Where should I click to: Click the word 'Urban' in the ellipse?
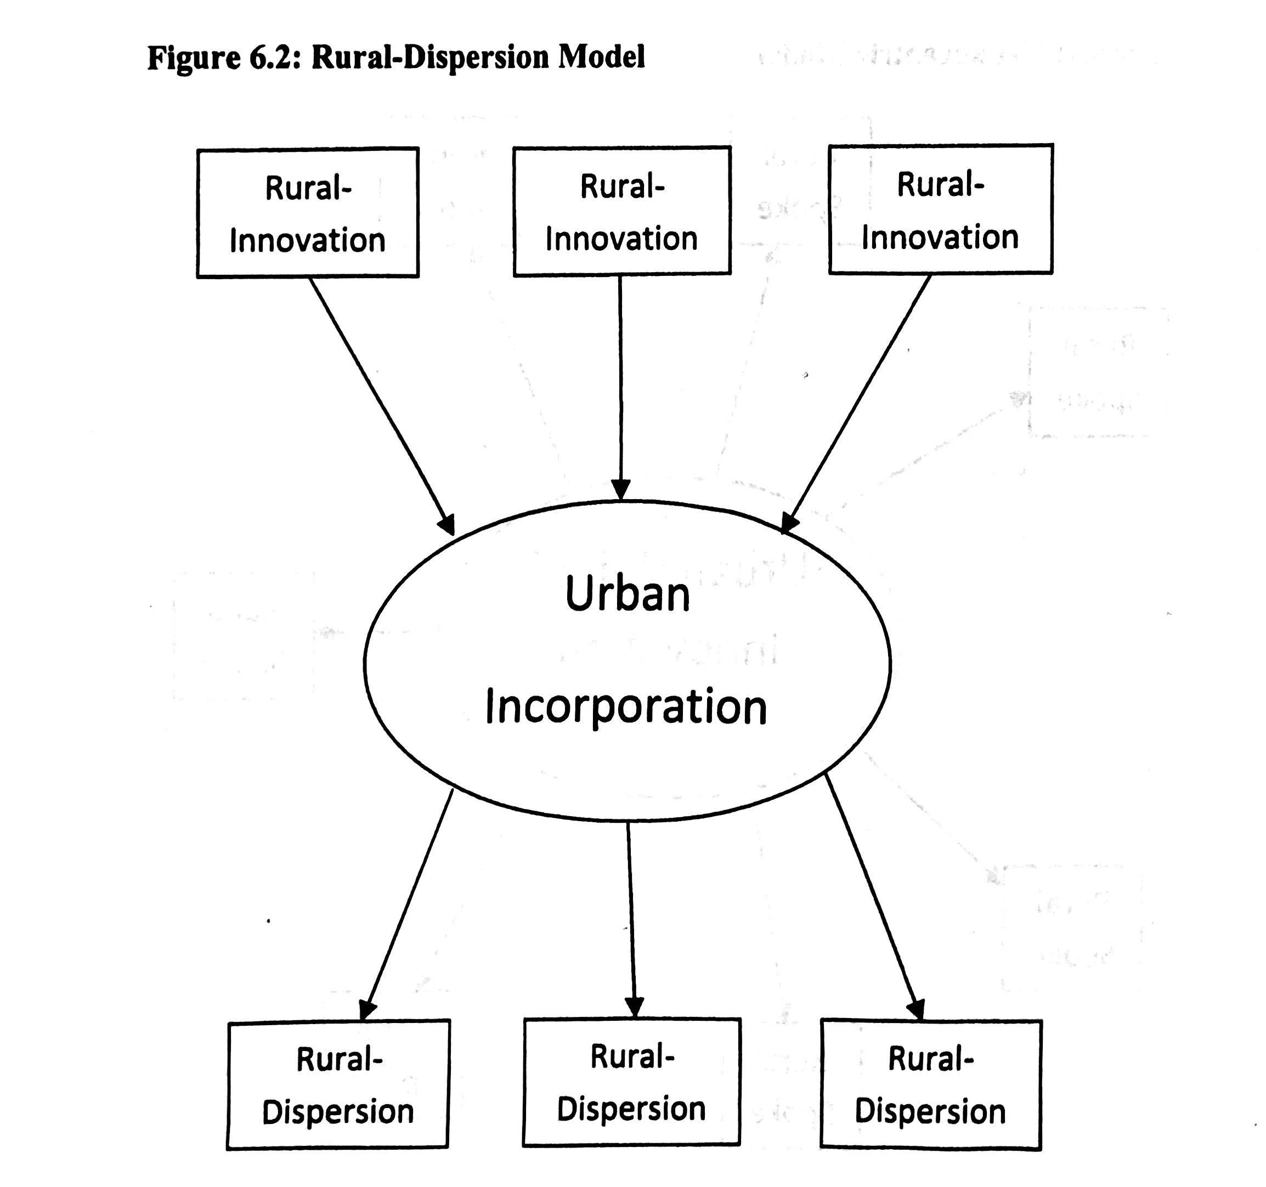pyautogui.click(x=628, y=594)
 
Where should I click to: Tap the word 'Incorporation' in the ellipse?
pyautogui.click(x=626, y=707)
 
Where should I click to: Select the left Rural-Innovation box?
pyautogui.click(x=308, y=213)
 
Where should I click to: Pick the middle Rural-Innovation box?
pyautogui.click(x=621, y=211)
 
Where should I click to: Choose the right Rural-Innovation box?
pyautogui.click(x=940, y=210)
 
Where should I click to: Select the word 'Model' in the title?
pyautogui.click(x=602, y=56)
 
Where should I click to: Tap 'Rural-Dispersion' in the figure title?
pyautogui.click(x=430, y=57)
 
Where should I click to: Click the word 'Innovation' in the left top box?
pyautogui.click(x=308, y=241)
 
